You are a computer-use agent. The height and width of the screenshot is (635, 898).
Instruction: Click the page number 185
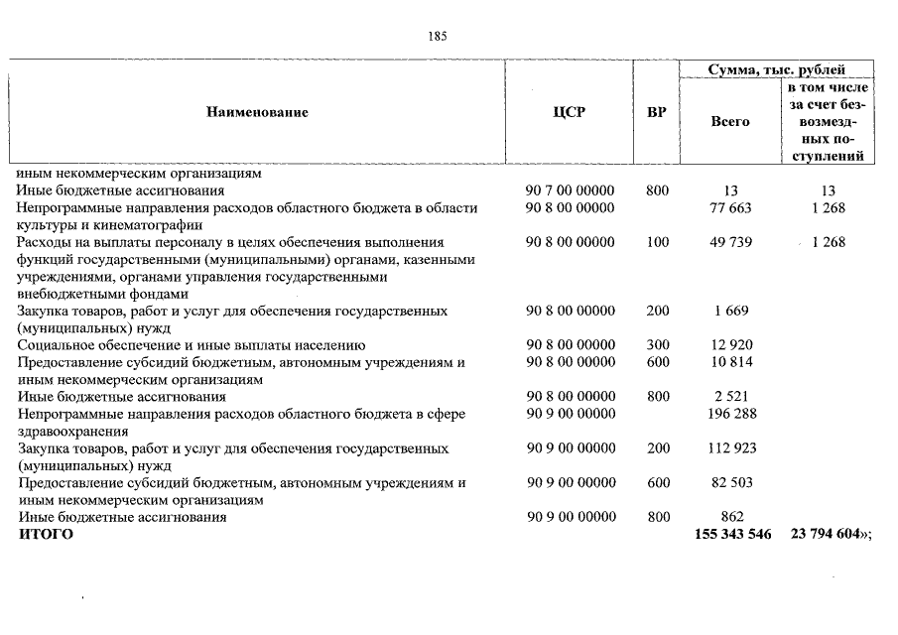[438, 36]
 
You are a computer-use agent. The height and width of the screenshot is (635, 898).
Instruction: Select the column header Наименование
[257, 112]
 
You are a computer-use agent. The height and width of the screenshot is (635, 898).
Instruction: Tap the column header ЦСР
[570, 112]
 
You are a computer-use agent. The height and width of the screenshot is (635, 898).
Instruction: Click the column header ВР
[656, 112]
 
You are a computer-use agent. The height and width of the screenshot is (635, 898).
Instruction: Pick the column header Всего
[730, 121]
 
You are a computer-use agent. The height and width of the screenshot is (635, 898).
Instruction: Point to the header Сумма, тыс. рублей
[777, 69]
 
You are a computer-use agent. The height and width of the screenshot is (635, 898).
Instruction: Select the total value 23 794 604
[825, 535]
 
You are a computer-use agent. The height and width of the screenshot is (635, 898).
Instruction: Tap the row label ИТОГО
[46, 535]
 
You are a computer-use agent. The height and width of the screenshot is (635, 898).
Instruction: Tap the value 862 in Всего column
[731, 517]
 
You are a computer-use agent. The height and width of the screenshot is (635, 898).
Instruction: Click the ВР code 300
[657, 345]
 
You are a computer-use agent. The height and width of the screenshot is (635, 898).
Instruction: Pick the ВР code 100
[657, 242]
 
